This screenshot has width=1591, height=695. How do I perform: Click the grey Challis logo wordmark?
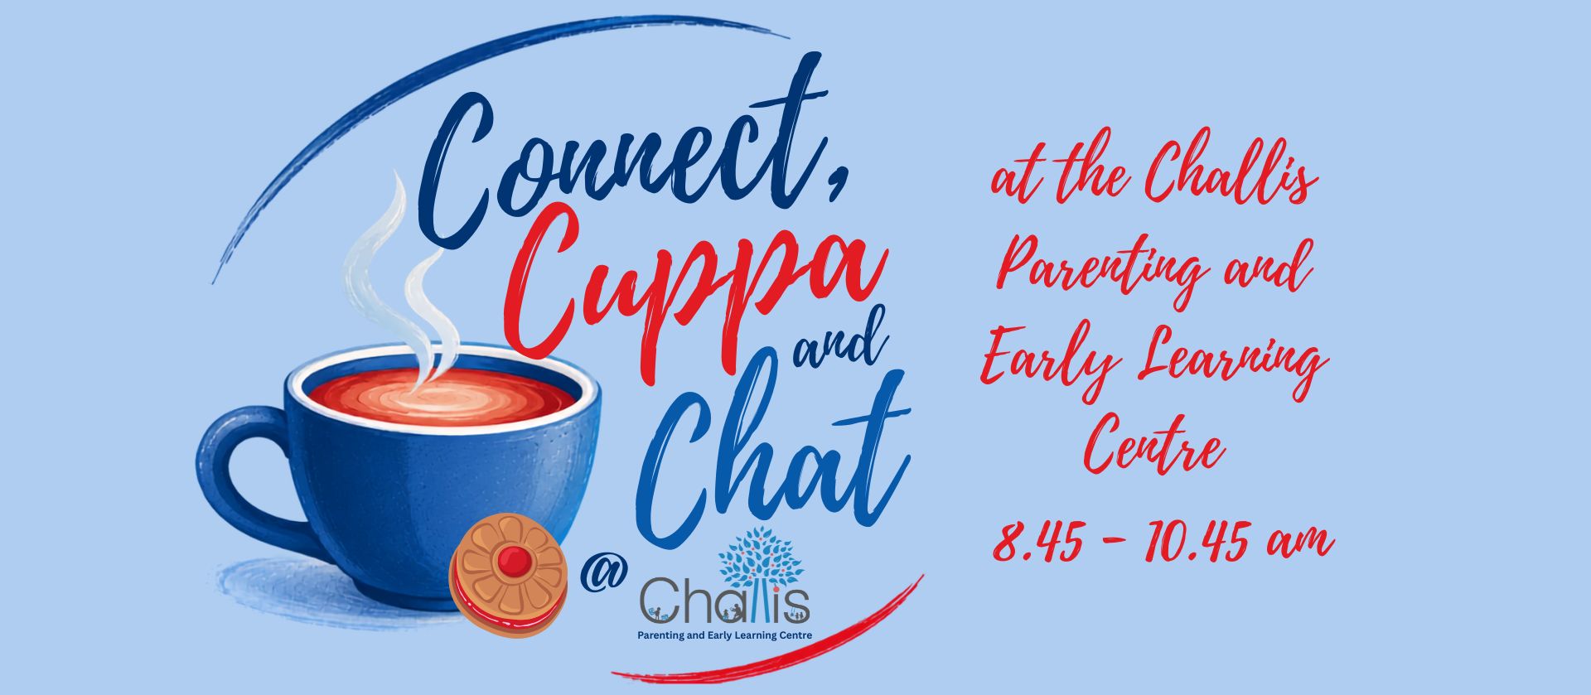click(x=725, y=602)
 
